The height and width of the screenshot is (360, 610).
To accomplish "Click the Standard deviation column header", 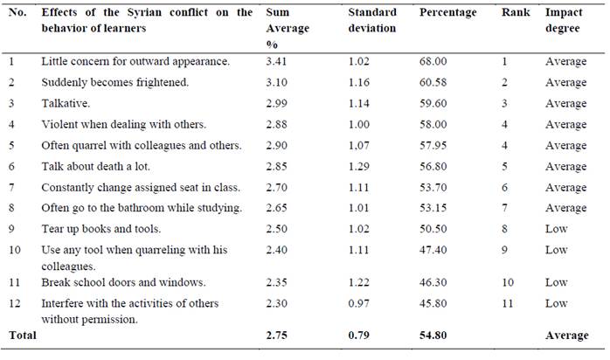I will pyautogui.click(x=371, y=21).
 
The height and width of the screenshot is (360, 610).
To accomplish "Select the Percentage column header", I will pyautogui.click(x=447, y=13).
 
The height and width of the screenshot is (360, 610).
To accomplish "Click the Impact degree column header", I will pyautogui.click(x=565, y=21).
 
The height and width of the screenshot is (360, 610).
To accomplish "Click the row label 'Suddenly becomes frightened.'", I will pyautogui.click(x=101, y=82).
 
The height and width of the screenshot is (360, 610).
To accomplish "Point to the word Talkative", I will pyautogui.click(x=66, y=103).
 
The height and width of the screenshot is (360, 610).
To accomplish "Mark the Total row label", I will pyautogui.click(x=21, y=335).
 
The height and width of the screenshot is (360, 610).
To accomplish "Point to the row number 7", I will pyautogui.click(x=12, y=187).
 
